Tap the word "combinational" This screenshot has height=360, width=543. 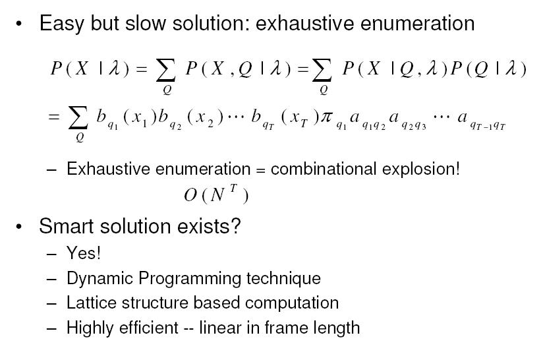pyautogui.click(x=324, y=169)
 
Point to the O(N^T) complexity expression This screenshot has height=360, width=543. pyautogui.click(x=216, y=195)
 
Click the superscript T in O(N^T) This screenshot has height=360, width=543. pyautogui.click(x=234, y=188)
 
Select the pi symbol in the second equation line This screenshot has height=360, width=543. pyautogui.click(x=326, y=117)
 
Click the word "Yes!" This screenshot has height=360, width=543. pyautogui.click(x=84, y=253)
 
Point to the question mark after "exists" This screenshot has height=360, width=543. pyautogui.click(x=235, y=226)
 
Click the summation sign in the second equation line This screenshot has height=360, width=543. pyautogui.click(x=78, y=117)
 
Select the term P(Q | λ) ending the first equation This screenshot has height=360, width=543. pyautogui.click(x=488, y=69)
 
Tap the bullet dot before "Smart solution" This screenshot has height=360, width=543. pyautogui.click(x=18, y=227)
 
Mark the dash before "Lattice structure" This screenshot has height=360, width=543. pyautogui.click(x=51, y=303)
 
